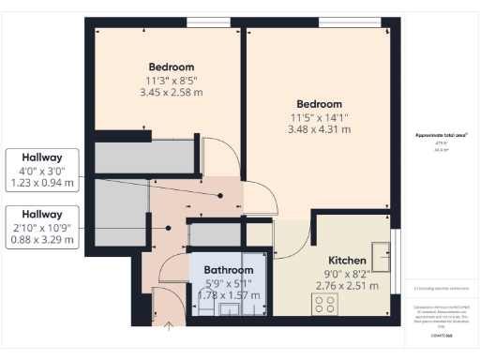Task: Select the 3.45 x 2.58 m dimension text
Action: (172, 93)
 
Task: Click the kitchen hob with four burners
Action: (325, 304)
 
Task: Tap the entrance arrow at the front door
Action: (169, 327)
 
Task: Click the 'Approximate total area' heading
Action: (441, 136)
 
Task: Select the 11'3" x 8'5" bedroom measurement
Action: (172, 81)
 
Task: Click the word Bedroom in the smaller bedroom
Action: (172, 67)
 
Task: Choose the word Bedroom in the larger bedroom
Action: (319, 103)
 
